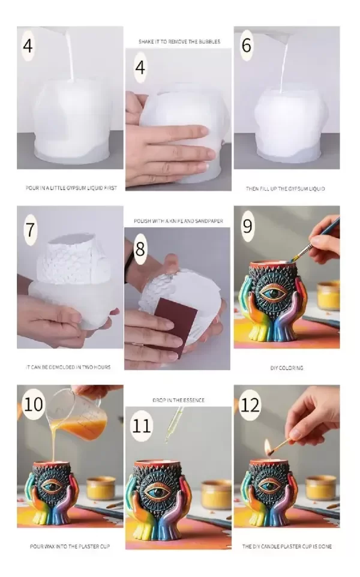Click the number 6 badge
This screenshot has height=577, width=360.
[x=247, y=45]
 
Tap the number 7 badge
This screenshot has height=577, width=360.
[x=30, y=230]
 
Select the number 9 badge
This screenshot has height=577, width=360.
[x=247, y=226]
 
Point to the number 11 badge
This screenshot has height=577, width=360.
[x=142, y=426]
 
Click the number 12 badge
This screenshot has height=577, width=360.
[x=250, y=405]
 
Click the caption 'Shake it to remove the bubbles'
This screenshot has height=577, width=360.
[x=179, y=41]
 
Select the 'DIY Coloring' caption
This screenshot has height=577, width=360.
[x=287, y=368]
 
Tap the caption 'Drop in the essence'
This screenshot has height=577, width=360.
[x=179, y=400]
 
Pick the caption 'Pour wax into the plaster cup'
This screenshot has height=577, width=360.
[x=70, y=546]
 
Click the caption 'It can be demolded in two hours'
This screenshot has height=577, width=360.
[x=68, y=367]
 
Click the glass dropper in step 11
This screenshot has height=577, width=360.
[x=172, y=426]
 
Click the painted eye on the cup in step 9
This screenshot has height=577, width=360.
[x=273, y=293]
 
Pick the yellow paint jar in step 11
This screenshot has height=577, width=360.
[x=217, y=494]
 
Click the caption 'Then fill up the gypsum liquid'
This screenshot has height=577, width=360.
[x=285, y=189]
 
